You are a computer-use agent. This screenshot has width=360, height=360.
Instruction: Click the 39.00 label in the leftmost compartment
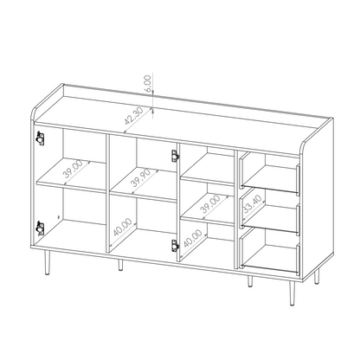click(x=53, y=170)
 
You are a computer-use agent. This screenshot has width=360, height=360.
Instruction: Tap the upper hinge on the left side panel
click(x=39, y=138)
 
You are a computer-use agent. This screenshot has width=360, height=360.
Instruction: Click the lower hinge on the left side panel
click(x=39, y=227)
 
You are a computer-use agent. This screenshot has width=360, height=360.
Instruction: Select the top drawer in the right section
click(x=270, y=169)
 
